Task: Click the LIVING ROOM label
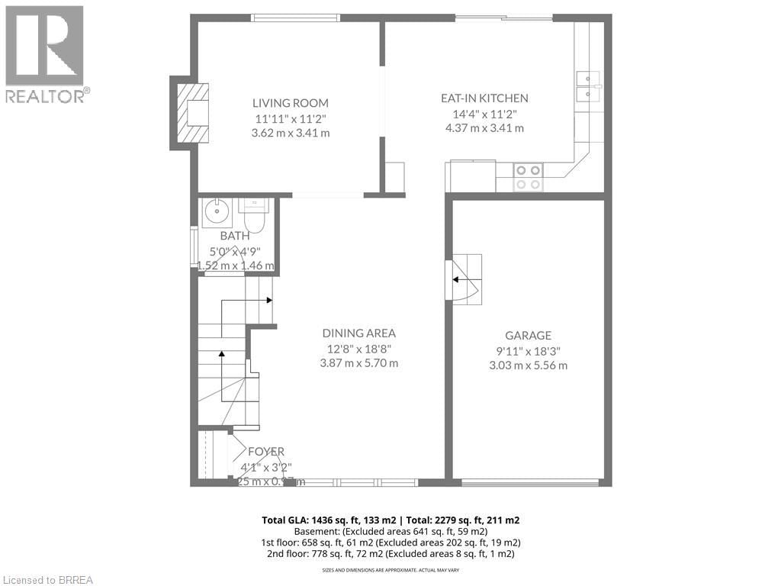coord(291,103)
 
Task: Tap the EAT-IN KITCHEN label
coord(484,98)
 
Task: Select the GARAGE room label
coord(528,336)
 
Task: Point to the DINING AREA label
coord(358,333)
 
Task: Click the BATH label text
coord(235,237)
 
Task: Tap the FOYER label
coord(265,452)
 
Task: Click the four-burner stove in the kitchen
coord(527,177)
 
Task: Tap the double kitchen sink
coord(588,86)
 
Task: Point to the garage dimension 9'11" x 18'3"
coord(528,351)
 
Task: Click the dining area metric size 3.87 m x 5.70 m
coord(358,363)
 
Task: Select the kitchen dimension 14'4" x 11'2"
coord(484,114)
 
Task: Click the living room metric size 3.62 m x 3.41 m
coord(291,133)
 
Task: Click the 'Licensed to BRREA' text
coord(47,579)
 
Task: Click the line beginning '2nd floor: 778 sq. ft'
coord(390,553)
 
